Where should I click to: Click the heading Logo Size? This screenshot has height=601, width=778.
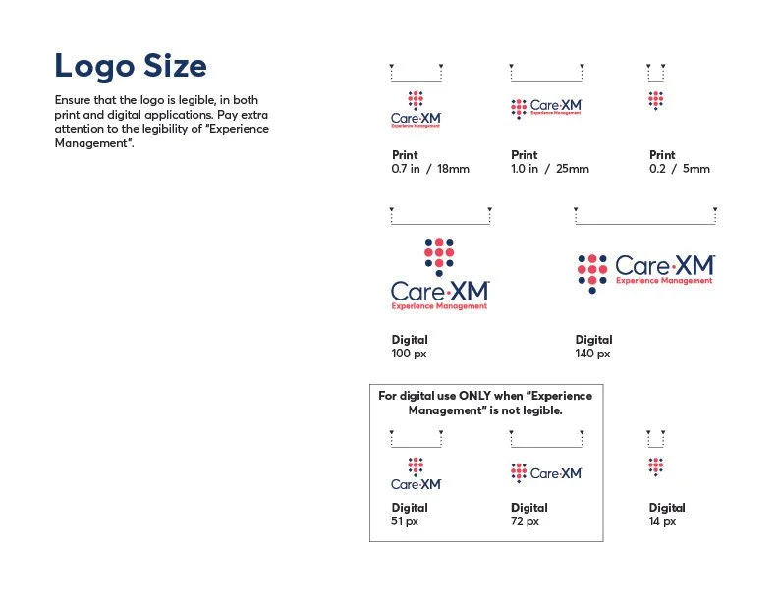[x=131, y=66]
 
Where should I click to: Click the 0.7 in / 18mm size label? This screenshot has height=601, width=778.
[x=430, y=169]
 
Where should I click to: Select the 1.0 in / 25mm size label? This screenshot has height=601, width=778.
[x=550, y=169]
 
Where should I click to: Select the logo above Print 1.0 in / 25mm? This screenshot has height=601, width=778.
[x=547, y=108]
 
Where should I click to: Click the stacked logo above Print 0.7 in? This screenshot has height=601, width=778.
[x=416, y=109]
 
